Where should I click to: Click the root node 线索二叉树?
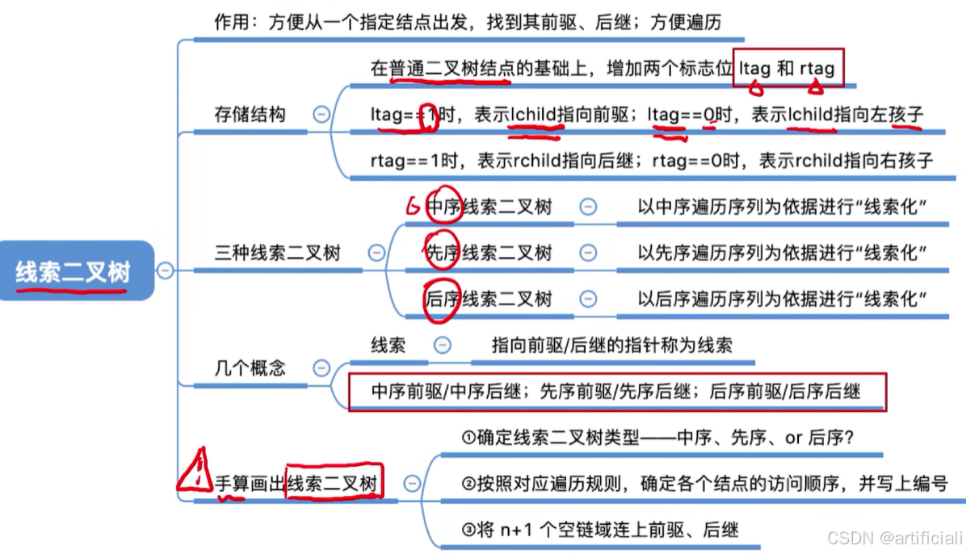coord(73,271)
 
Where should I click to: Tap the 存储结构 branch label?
coord(250,114)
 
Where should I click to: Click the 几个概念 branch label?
coord(250,368)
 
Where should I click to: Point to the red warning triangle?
coord(193,472)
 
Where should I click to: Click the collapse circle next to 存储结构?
coord(321,114)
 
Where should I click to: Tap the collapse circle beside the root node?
coord(166,270)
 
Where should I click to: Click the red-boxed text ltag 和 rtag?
coord(788,69)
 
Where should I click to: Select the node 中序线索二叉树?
coord(489,207)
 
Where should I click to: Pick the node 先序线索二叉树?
coord(489,253)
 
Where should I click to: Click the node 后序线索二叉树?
coord(489,299)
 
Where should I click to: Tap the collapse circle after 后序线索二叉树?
coord(588,299)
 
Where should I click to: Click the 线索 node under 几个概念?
coord(388,345)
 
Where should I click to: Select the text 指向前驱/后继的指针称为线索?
coord(612,345)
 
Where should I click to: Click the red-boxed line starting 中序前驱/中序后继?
coord(615,392)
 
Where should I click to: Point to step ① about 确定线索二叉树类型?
coord(657,438)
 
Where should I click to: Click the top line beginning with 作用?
coord(468,23)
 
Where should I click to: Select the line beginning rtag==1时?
coord(651,161)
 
